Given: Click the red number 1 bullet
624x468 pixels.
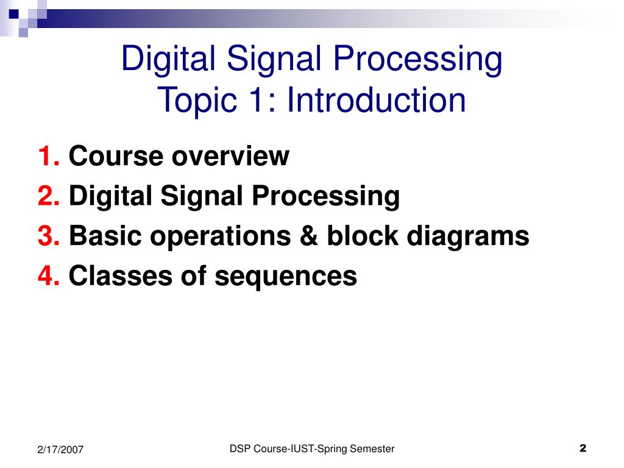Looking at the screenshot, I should [x=48, y=157].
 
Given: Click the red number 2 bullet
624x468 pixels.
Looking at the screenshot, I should [x=48, y=196].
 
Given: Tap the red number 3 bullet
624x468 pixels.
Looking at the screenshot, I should [x=48, y=236].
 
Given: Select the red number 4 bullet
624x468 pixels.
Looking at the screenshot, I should [x=48, y=276].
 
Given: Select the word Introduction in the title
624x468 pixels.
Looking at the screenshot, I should [x=377, y=101].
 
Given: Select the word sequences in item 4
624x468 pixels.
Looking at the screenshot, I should [x=285, y=276].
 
